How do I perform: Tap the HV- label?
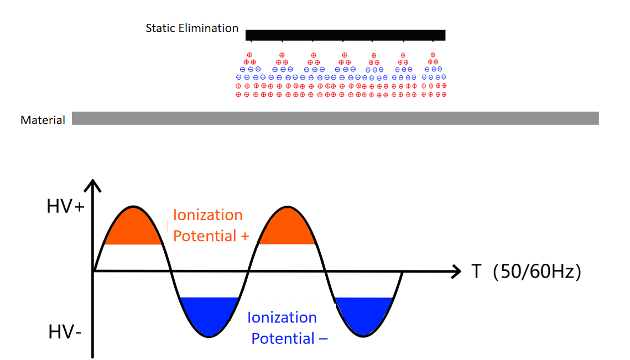tap(65, 333)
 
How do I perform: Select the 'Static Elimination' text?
tap(192, 28)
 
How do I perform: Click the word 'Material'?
tap(43, 120)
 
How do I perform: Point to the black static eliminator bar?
tap(345, 35)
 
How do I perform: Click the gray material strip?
tap(335, 118)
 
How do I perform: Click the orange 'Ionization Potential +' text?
tap(210, 225)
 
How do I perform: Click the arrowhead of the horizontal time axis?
tap(456, 271)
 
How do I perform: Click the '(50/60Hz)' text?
tap(537, 272)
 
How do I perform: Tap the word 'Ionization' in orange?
tap(208, 215)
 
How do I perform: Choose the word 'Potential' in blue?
tap(278, 338)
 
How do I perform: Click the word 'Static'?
tap(159, 28)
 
